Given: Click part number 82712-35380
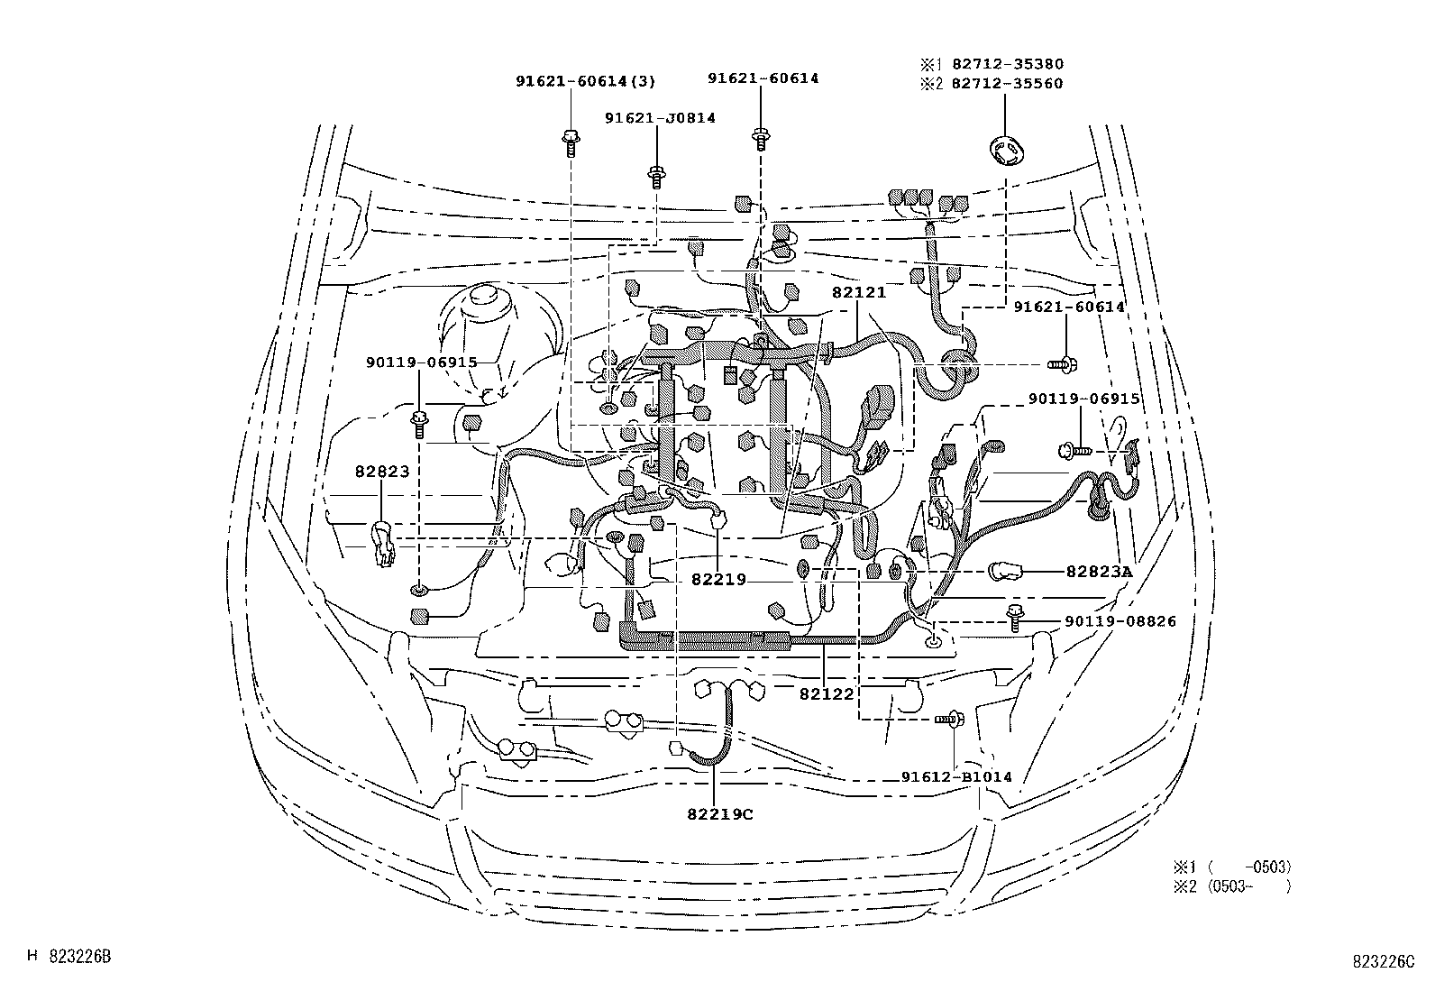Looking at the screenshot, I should [x=1002, y=64].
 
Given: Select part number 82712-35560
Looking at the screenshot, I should [x=1002, y=84].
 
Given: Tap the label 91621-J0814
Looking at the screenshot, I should [x=660, y=118].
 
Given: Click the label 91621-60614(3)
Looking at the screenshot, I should [x=585, y=81].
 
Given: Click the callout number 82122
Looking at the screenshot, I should [x=827, y=693].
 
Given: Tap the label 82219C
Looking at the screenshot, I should [x=719, y=814].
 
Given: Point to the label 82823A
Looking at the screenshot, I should [x=1099, y=571].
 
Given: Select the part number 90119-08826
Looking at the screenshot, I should [x=1120, y=621].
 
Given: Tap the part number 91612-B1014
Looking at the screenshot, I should [x=956, y=776].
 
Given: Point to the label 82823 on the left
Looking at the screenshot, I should [x=381, y=471].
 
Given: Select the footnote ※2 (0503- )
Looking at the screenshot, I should [x=1231, y=886].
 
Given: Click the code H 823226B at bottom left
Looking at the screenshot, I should [x=69, y=956].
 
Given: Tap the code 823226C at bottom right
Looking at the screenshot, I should [x=1382, y=961].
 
